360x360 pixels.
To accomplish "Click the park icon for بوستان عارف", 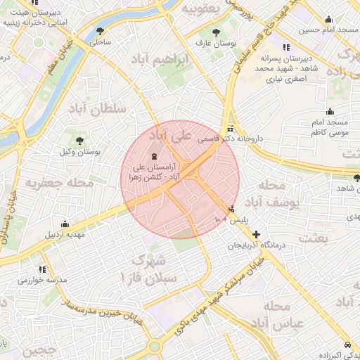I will (216, 32).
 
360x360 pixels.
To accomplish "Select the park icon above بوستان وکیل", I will (78, 140).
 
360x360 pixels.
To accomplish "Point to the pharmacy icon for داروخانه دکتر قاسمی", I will (231, 129).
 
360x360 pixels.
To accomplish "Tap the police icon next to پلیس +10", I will (232, 209).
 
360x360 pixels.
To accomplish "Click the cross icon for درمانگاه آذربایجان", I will (256, 234).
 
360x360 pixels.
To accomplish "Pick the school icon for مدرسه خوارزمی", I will (42, 269).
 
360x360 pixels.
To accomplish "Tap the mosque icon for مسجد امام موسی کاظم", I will (330, 111).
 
